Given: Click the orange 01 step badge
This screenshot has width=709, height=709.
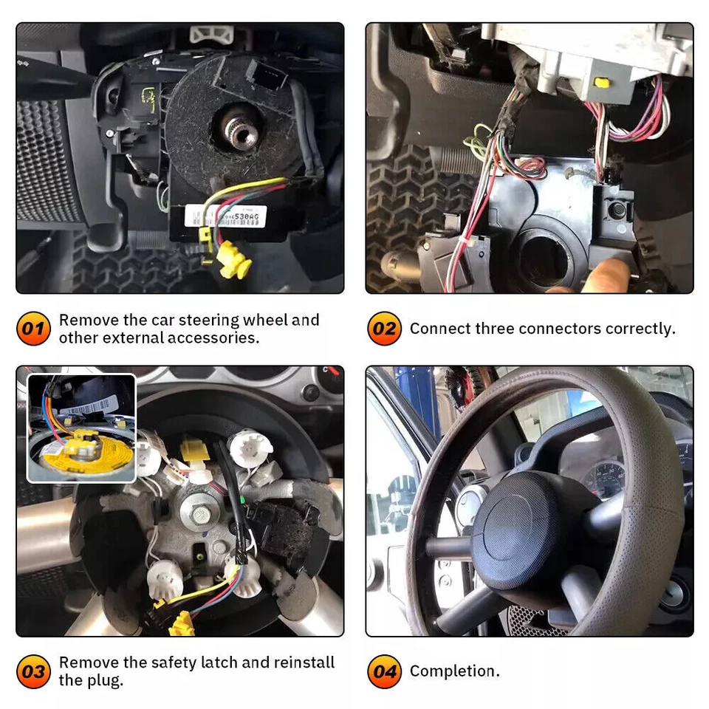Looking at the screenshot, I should click(x=33, y=329).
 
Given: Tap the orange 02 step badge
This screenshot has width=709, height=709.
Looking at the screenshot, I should click(x=384, y=329).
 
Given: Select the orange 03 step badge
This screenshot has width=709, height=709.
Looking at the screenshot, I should click(x=33, y=671).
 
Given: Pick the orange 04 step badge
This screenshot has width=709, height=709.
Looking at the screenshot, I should click(x=384, y=671).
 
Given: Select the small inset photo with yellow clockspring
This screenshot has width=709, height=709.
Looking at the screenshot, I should click(x=81, y=428).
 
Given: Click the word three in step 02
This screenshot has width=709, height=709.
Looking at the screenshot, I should click(x=504, y=329).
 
